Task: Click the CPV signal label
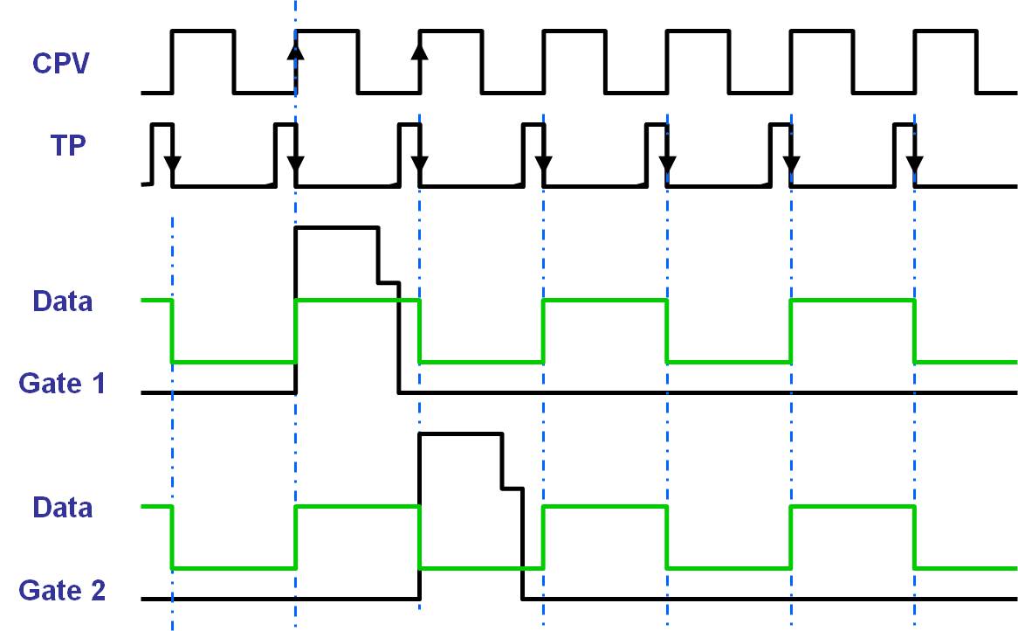pyautogui.click(x=60, y=64)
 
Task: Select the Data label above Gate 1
pyautogui.click(x=62, y=302)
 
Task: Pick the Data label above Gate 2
pyautogui.click(x=62, y=508)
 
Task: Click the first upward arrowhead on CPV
pyautogui.click(x=296, y=50)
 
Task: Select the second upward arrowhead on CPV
pyautogui.click(x=420, y=50)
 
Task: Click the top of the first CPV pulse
pyautogui.click(x=203, y=31)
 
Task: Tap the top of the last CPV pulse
pyautogui.click(x=945, y=31)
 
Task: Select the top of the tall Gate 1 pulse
pyautogui.click(x=337, y=228)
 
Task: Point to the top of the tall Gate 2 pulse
pyautogui.click(x=460, y=433)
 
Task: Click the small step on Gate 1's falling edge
pyautogui.click(x=388, y=282)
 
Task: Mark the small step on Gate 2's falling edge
pyautogui.click(x=512, y=488)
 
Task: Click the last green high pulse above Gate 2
pyautogui.click(x=852, y=507)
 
